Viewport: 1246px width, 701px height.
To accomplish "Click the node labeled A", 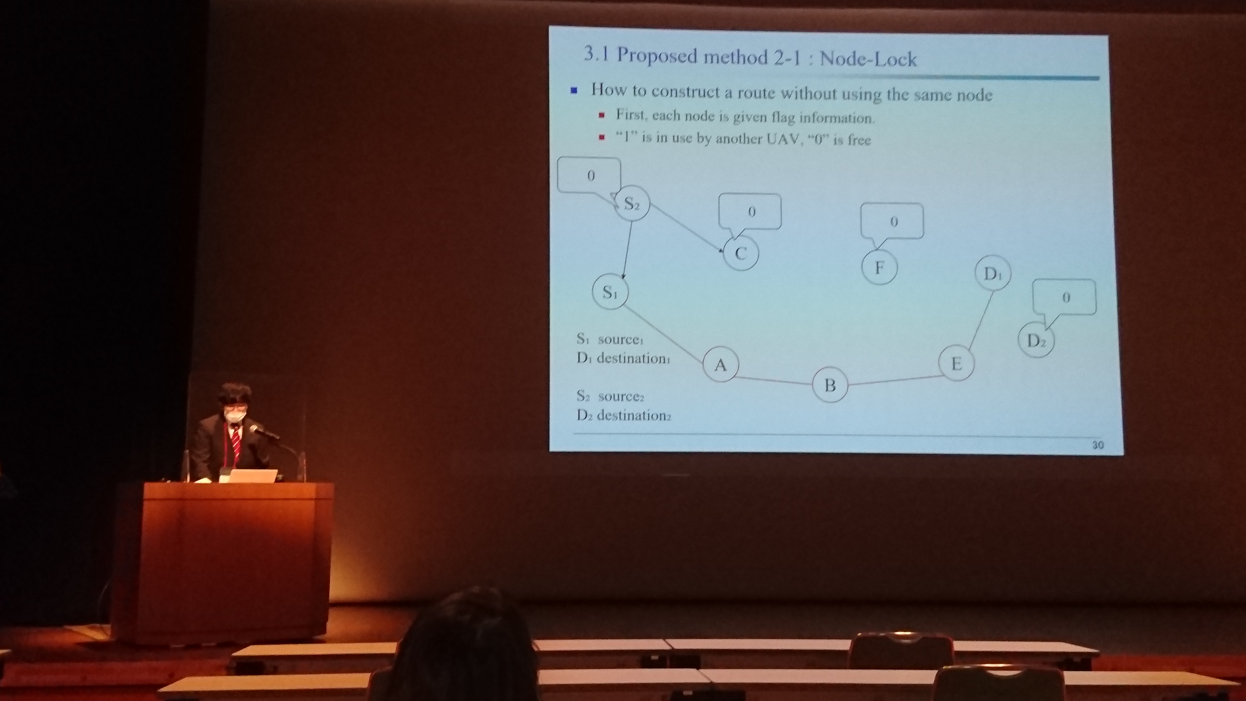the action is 721,364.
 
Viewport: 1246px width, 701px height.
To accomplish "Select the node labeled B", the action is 830,385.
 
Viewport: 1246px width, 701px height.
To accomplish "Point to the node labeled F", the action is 879,267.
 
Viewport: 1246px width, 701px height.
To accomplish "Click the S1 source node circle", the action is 610,292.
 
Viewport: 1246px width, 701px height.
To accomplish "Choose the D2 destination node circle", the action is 1036,340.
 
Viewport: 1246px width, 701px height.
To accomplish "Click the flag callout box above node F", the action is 892,222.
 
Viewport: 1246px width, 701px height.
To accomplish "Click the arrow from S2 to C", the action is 686,228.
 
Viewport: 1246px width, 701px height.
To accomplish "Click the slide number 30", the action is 1097,445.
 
